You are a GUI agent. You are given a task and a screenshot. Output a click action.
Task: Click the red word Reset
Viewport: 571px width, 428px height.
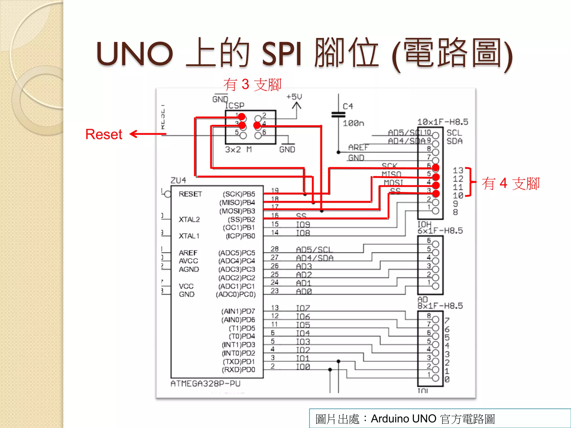[x=104, y=134]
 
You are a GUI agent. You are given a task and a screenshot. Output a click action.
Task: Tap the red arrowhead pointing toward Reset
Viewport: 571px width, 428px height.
[x=133, y=134]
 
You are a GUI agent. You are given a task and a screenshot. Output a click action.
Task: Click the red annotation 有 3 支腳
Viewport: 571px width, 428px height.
[x=252, y=84]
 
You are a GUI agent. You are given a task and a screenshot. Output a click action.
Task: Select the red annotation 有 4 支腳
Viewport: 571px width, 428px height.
[x=511, y=184]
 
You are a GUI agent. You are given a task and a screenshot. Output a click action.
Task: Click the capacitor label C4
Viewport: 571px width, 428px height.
[x=348, y=106]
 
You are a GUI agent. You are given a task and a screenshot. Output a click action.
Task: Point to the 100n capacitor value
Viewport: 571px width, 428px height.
[x=353, y=123]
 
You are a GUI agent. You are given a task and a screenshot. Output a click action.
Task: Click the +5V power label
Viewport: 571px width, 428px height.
[x=294, y=97]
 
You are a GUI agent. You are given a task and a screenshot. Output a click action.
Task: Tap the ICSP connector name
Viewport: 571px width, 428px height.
[x=234, y=106]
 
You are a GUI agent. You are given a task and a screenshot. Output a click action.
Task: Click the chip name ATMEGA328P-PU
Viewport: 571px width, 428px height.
[x=205, y=384]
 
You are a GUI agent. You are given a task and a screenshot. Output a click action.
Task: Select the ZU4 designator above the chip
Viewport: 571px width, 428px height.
[x=178, y=180]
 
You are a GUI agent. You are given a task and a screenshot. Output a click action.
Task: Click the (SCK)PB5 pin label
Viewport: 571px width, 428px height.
[x=239, y=194]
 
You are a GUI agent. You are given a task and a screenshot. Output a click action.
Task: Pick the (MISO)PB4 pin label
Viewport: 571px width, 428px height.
[x=237, y=202]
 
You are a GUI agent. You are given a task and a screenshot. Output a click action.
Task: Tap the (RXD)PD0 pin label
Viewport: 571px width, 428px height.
[x=238, y=370]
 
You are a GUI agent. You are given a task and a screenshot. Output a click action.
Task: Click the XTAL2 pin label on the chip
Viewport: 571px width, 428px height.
[x=189, y=220]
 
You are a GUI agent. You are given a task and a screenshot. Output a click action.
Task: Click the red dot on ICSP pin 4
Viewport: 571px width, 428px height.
[x=257, y=125]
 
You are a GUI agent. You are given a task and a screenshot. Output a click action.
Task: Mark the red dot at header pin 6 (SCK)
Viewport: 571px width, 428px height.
[x=435, y=168]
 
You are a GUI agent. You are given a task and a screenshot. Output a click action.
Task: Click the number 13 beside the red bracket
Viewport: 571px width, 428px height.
[x=458, y=170]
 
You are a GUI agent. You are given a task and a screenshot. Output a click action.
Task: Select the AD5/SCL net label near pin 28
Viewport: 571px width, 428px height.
[x=314, y=249]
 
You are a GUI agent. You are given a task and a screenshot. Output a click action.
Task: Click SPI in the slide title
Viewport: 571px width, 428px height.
[x=282, y=53]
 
